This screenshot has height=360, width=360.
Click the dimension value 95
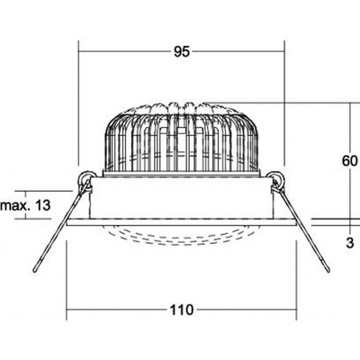182,52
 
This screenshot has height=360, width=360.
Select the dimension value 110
182,310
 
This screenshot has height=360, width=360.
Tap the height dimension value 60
350,161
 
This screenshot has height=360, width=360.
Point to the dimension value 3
350,243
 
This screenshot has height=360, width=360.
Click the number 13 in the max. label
43,205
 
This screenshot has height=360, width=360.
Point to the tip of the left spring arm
35,271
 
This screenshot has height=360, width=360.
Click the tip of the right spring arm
328,270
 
